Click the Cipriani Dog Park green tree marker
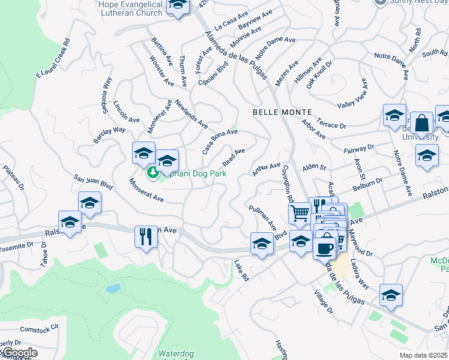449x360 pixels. pyautogui.click(x=153, y=173)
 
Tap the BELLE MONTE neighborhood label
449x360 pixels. pyautogui.click(x=282, y=112)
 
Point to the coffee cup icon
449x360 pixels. pyautogui.click(x=325, y=247)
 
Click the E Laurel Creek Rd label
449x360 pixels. pyautogui.click(x=53, y=59)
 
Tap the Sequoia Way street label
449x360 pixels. pyautogui.click(x=107, y=95)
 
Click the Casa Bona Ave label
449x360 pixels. pyautogui.click(x=220, y=142)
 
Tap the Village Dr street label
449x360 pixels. pyautogui.click(x=323, y=302)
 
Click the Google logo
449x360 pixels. pyautogui.click(x=20, y=353)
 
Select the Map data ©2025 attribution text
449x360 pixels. pyautogui.click(x=424, y=355)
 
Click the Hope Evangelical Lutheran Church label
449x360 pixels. pyautogui.click(x=130, y=8)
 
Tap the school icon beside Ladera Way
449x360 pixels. pyautogui.click(x=391, y=295)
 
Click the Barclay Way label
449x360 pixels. pyautogui.click(x=109, y=134)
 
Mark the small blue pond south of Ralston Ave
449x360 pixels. pyautogui.click(x=112, y=288)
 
